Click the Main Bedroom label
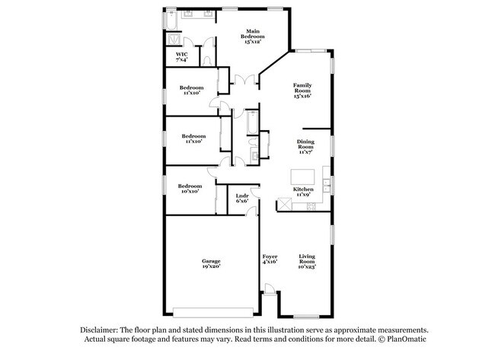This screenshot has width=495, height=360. [x=253, y=37]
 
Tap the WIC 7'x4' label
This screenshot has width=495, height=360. [x=182, y=57]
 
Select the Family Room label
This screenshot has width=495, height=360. [x=302, y=91]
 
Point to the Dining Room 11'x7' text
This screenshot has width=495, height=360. [x=305, y=147]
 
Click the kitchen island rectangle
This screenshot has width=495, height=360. [x=302, y=177]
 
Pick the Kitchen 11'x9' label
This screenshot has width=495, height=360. [x=303, y=192]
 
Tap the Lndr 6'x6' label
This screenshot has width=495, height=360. [x=242, y=198]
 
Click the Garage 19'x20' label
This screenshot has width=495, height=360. [x=211, y=263]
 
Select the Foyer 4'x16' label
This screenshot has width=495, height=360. [x=270, y=259]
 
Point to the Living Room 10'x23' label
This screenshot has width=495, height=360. [x=307, y=261]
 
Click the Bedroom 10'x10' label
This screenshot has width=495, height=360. [x=190, y=189]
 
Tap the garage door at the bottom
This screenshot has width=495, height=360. [x=213, y=312]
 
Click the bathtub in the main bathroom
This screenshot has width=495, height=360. [x=171, y=21]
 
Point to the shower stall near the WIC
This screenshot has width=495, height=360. [x=174, y=40]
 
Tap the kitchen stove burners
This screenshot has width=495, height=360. [x=311, y=206]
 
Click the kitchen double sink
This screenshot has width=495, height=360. [x=326, y=186]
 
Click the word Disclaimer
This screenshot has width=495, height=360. [x=99, y=330]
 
